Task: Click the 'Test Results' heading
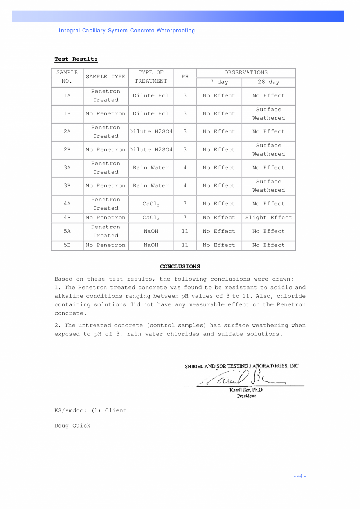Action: point(76,59)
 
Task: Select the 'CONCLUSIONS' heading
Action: point(180,266)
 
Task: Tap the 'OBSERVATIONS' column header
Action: point(246,72)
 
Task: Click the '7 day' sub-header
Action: point(219,82)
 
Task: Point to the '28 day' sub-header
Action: point(268,82)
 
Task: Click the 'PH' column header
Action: point(185,77)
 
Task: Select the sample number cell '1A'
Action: point(67,95)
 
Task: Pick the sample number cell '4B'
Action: point(67,218)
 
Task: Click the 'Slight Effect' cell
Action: point(268,218)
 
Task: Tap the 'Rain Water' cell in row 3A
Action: point(151,168)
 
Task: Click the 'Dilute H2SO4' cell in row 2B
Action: point(151,150)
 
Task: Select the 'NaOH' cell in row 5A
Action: point(151,231)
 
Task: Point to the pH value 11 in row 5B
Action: point(185,245)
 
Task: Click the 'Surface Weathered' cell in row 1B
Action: point(268,114)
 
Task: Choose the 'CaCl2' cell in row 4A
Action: point(151,204)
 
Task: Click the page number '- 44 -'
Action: point(300,476)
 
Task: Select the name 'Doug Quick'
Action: point(72,426)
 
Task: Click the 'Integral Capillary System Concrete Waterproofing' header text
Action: point(127,31)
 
